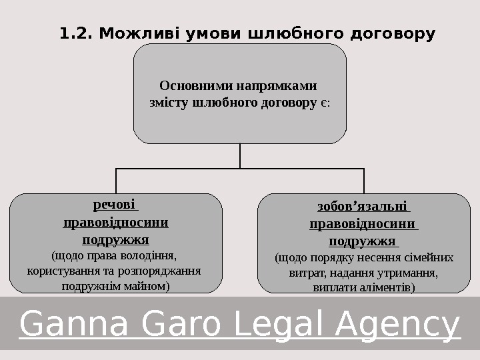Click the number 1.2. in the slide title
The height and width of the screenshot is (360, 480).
75,33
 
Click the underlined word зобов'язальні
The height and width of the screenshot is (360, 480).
363,207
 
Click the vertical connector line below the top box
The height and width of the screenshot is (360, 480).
240,156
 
